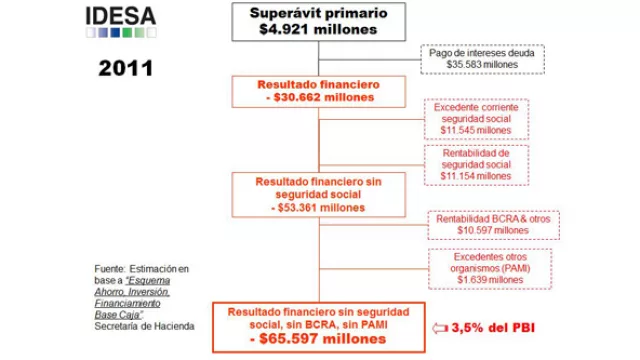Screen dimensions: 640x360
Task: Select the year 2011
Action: tap(125, 69)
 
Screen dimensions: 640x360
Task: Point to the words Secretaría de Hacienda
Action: tap(144, 327)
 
